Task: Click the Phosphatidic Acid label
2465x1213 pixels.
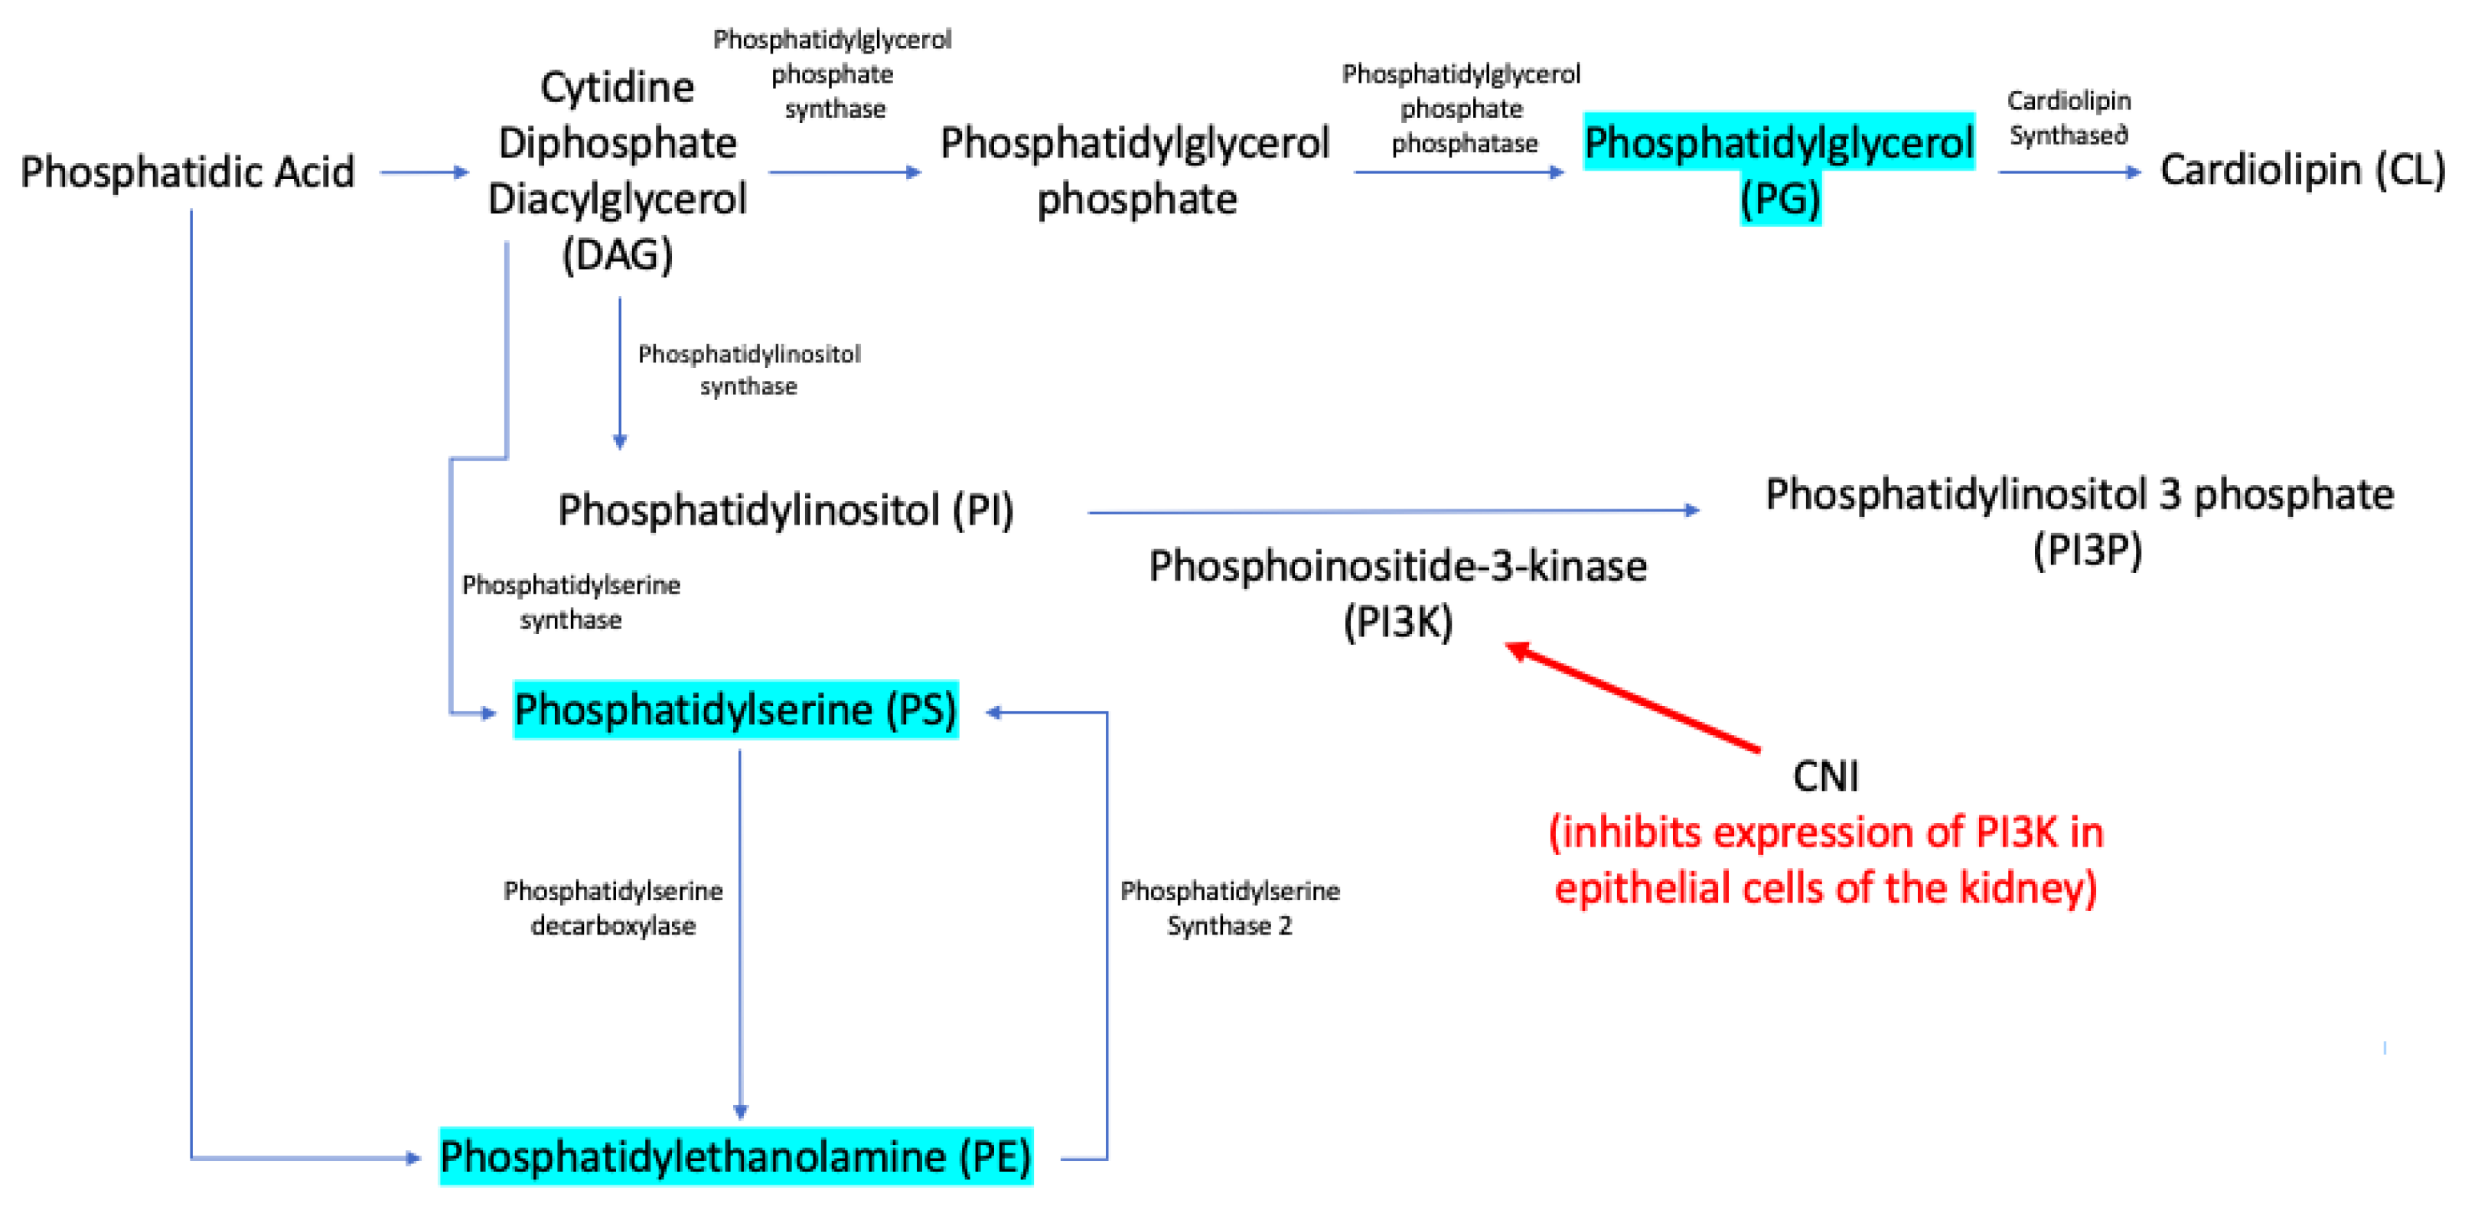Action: (x=187, y=173)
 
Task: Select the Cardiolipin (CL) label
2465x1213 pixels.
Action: (x=2301, y=171)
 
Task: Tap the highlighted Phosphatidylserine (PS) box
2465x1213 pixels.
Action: (x=735, y=710)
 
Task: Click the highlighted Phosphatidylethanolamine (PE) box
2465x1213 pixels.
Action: (x=735, y=1156)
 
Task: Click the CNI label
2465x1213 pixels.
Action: (x=1824, y=776)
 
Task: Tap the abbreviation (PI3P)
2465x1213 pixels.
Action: (x=2087, y=550)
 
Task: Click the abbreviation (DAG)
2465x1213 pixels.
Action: (x=618, y=255)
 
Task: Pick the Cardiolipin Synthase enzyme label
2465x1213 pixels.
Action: (x=2069, y=119)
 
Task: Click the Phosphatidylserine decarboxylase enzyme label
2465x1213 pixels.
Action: (x=613, y=908)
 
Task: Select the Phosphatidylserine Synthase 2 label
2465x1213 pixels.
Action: (x=1230, y=908)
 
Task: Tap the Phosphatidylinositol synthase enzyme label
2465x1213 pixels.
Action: (x=749, y=370)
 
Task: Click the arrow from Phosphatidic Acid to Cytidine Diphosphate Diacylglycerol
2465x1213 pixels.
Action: (x=424, y=172)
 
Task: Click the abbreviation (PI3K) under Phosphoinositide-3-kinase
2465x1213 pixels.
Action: (x=1397, y=623)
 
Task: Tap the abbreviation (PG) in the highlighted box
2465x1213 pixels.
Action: (x=1780, y=200)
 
